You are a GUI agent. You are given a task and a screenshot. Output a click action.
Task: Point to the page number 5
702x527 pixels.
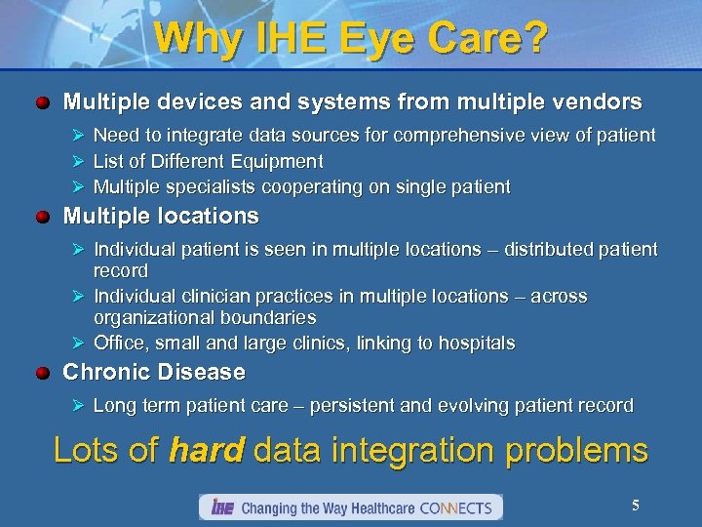(x=636, y=506)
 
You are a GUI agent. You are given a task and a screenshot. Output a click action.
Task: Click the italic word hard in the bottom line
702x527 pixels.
(x=207, y=451)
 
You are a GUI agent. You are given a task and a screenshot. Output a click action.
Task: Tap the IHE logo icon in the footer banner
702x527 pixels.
(x=219, y=507)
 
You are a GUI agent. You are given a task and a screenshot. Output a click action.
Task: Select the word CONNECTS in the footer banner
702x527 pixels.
(x=458, y=507)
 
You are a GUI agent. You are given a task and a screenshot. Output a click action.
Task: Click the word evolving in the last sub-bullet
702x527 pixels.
(x=475, y=405)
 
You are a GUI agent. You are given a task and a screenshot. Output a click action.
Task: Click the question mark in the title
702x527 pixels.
(x=534, y=38)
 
